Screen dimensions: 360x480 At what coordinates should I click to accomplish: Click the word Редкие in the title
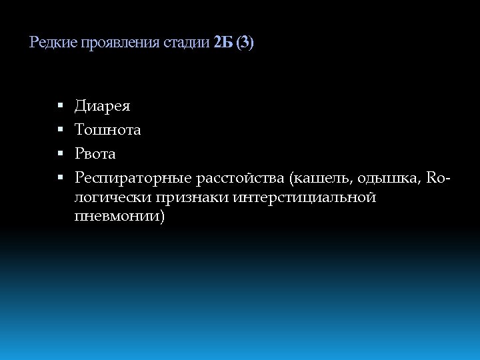tap(54, 43)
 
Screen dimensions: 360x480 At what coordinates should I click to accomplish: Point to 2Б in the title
tap(223, 43)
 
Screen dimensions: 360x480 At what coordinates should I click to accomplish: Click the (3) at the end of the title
tap(245, 43)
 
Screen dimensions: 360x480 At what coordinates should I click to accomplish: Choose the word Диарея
tap(103, 106)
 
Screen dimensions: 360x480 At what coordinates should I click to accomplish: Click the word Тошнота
tap(108, 130)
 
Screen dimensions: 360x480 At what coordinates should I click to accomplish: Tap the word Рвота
tap(95, 154)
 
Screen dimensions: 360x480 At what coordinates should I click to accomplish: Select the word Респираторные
tap(132, 178)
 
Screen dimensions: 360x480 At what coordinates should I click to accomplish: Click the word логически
tap(113, 197)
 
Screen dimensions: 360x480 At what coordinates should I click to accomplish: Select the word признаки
tap(193, 197)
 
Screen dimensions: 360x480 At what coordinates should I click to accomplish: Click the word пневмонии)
tap(119, 217)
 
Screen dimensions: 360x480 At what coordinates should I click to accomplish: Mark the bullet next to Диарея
tap(59, 106)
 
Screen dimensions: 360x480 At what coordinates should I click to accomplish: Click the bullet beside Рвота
tap(59, 154)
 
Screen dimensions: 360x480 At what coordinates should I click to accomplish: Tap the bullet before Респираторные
tap(59, 178)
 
